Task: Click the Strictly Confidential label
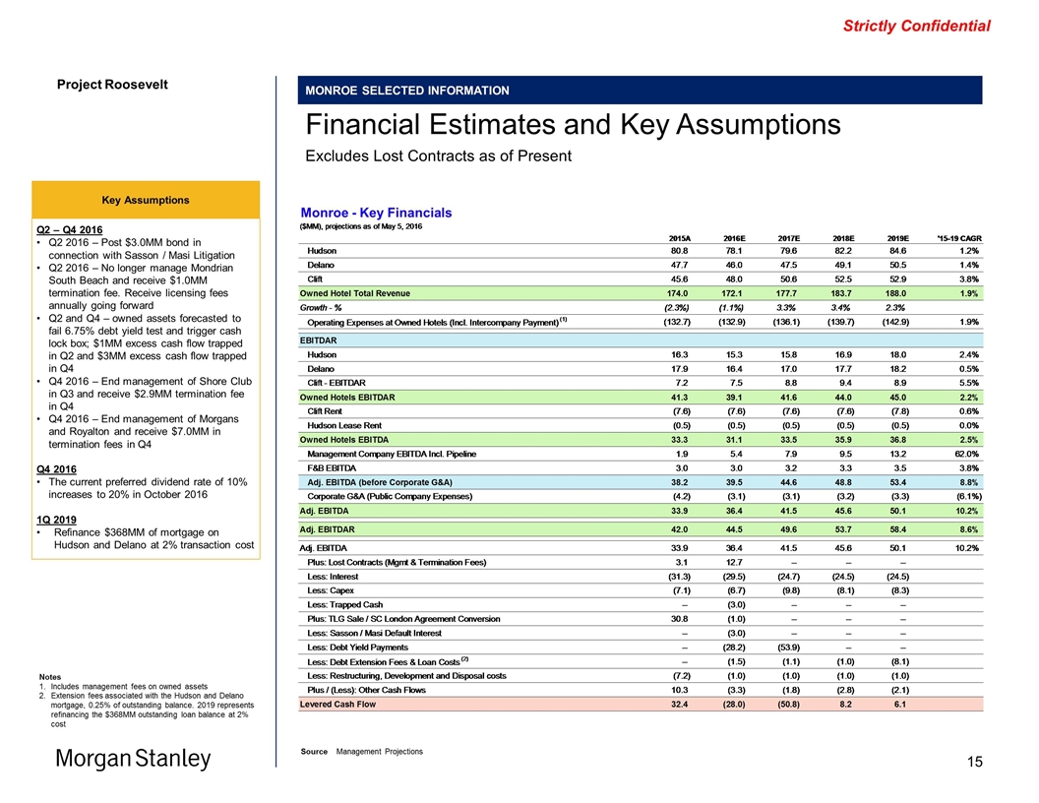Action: tap(916, 27)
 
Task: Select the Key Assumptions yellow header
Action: tap(148, 200)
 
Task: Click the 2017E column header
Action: tap(788, 238)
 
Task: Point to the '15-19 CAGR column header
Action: tap(949, 238)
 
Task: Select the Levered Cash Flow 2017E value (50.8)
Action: tap(788, 704)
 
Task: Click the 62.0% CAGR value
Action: tap(959, 454)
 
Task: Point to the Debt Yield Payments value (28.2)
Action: tap(734, 647)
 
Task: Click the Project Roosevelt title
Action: tap(112, 84)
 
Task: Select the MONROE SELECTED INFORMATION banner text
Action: tap(406, 91)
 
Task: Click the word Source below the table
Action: tap(315, 752)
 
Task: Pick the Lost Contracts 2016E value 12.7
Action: tap(734, 562)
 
